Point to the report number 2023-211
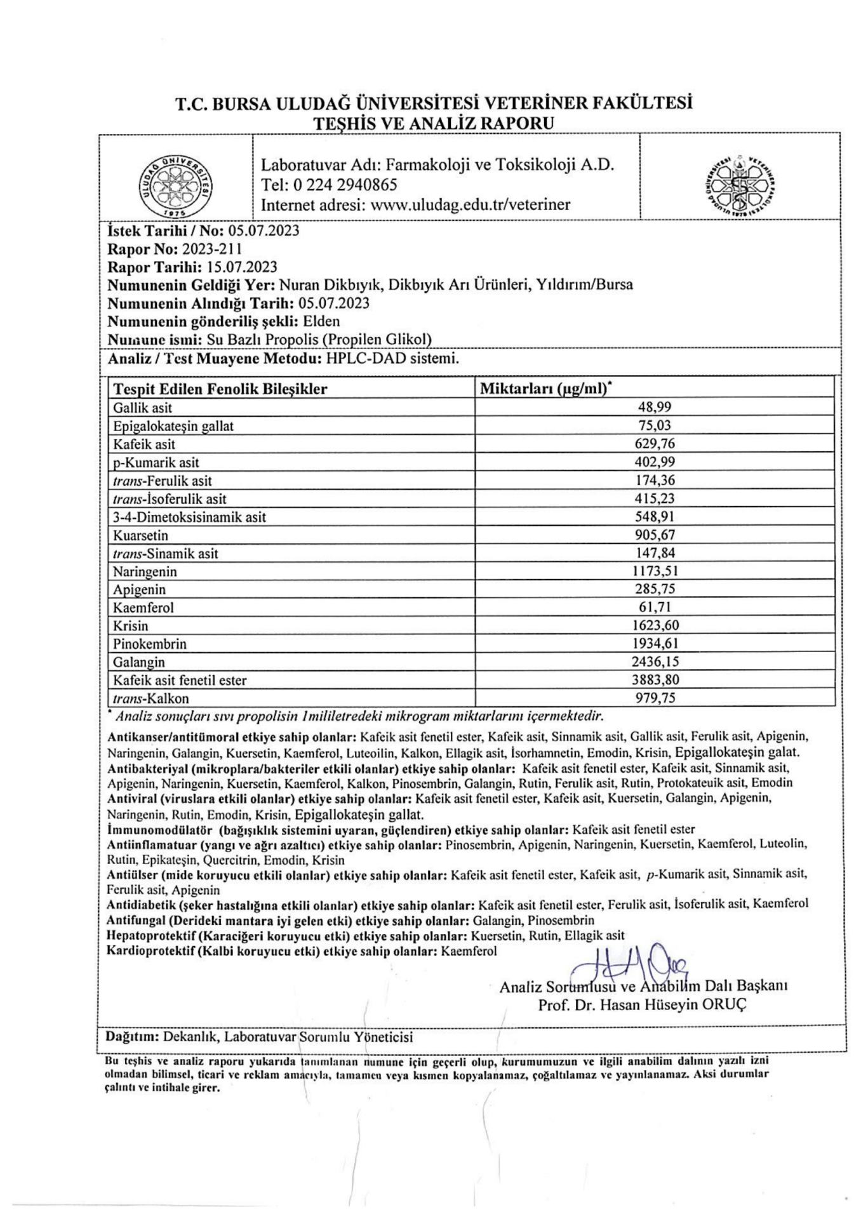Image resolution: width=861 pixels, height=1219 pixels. coord(212,249)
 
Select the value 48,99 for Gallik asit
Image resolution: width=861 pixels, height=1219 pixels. coord(655,407)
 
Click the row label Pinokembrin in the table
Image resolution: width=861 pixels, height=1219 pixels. coord(150,644)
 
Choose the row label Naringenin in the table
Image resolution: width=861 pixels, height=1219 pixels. coord(145,571)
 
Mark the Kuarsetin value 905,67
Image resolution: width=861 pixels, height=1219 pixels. coord(655,535)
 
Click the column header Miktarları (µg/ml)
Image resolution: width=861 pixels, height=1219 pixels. coord(546,389)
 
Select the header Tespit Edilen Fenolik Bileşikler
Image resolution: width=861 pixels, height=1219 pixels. coord(220,389)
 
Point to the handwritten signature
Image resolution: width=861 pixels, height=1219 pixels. coord(629,969)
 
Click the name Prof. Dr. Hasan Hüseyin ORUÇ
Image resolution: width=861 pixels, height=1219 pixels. coord(642,1004)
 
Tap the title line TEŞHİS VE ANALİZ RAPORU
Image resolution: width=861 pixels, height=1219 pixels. coord(434,123)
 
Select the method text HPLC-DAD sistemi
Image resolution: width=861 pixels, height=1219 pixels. coord(392,359)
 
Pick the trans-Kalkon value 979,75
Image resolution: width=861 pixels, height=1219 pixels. coord(655,698)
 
